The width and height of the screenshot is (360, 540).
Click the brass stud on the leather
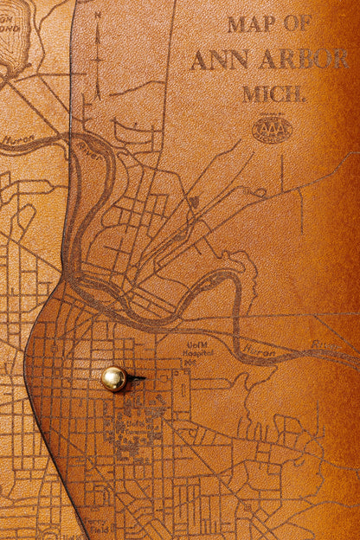[x=113, y=378]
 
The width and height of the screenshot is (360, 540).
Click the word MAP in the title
[x=251, y=24]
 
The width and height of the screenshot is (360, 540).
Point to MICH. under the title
[x=273, y=93]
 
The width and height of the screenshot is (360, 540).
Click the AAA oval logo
[x=272, y=130]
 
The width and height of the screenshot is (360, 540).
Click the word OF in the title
[x=296, y=24]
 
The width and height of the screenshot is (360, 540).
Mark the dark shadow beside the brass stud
[x=135, y=378]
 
